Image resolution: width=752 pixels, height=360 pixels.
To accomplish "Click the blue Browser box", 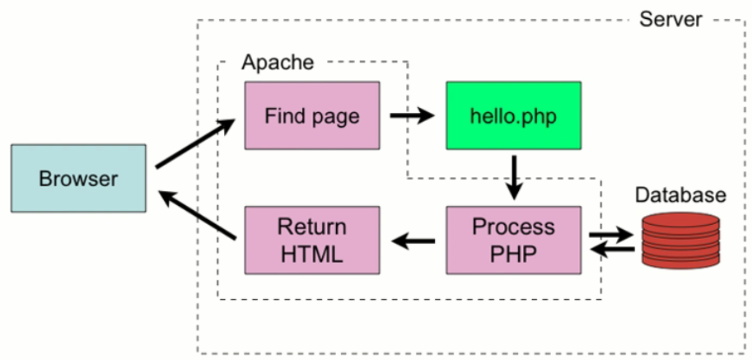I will coord(79,178).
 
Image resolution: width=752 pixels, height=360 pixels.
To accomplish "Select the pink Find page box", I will coord(312,116).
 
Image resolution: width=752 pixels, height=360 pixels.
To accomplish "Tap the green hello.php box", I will coord(513,116).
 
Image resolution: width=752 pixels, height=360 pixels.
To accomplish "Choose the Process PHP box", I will coord(513,240).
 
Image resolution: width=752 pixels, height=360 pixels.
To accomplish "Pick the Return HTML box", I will coord(312,240).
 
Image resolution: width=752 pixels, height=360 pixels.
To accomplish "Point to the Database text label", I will coord(680,195).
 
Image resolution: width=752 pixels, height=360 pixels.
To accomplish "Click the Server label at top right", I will coord(670,17).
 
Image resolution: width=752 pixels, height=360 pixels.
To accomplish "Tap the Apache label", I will coord(277,63).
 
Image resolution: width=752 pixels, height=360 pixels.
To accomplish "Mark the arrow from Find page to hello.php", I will coord(412,116).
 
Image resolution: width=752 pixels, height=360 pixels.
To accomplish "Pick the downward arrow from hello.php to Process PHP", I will coord(514,175).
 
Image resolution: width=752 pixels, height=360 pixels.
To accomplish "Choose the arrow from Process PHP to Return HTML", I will coord(413,241).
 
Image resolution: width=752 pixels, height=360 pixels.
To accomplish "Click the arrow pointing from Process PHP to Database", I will coord(611,235).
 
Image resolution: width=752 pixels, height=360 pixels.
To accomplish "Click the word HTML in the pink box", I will coord(311,254).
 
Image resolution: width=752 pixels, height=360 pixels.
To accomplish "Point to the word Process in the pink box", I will coord(513,227).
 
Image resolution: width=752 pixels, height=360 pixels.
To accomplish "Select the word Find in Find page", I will coord(281,116).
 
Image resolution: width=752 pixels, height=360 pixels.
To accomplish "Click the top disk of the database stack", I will coord(680,221).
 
